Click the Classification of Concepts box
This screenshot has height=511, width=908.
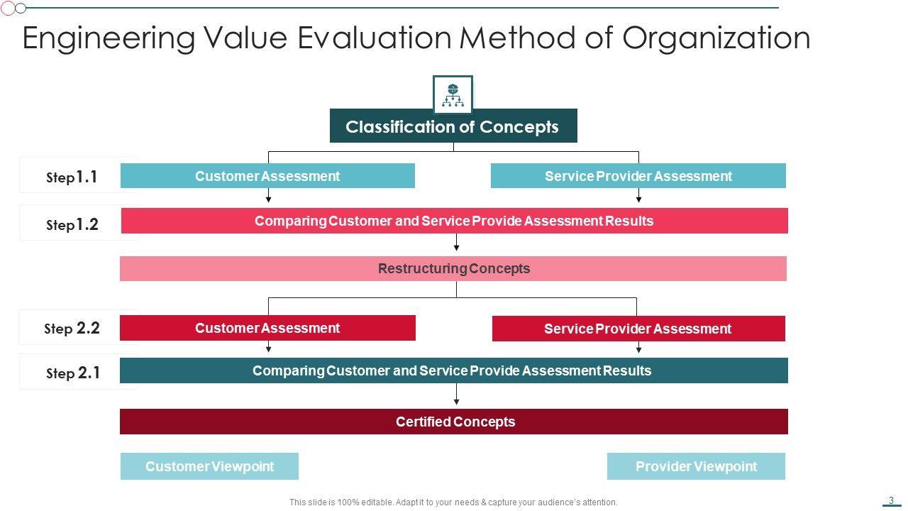(x=453, y=126)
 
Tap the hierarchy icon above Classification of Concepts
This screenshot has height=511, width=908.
(x=453, y=94)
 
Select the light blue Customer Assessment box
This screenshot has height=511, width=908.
(x=267, y=176)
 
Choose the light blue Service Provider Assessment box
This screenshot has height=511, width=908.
(x=638, y=176)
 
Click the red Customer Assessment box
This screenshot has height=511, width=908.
(x=267, y=328)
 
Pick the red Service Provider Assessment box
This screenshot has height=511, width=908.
(x=638, y=329)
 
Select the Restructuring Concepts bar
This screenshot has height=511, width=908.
(x=453, y=269)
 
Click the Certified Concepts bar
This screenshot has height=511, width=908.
(x=454, y=422)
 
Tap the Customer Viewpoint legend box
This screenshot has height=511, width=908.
(x=209, y=466)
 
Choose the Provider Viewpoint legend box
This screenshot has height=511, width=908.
(x=696, y=466)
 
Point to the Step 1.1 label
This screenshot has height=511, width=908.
(x=72, y=177)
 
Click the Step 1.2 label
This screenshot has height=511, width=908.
(x=72, y=224)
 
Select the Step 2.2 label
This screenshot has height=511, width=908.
(x=72, y=328)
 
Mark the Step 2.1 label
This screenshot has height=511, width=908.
(x=72, y=373)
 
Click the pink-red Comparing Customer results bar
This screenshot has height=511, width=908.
(x=454, y=221)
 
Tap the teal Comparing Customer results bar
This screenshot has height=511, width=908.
(x=453, y=370)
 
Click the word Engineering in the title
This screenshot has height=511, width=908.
(x=108, y=38)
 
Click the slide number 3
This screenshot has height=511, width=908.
(x=892, y=500)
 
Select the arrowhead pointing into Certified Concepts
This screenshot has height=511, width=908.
(x=456, y=402)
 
